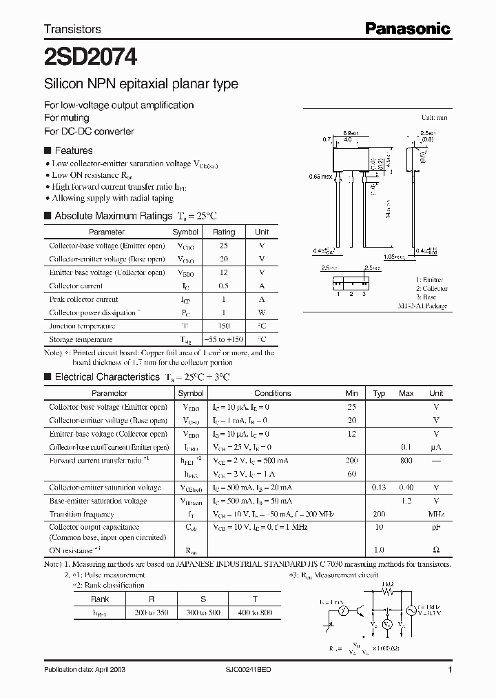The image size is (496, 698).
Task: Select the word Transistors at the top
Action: pos(72,29)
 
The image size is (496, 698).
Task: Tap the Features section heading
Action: pos(73,150)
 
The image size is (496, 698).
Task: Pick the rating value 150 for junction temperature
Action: pos(224,326)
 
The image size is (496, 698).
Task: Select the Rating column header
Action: pos(224,232)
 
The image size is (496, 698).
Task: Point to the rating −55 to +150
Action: pos(224,339)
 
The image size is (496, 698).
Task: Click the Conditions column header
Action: pos(273,393)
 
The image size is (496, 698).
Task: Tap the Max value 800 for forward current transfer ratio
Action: pos(406,460)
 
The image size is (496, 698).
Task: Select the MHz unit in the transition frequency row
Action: pos(436,515)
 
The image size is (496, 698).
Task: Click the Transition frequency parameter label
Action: pos(82,515)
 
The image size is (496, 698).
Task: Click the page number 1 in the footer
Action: pos(450,670)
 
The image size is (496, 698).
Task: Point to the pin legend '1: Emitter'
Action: pos(431,281)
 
